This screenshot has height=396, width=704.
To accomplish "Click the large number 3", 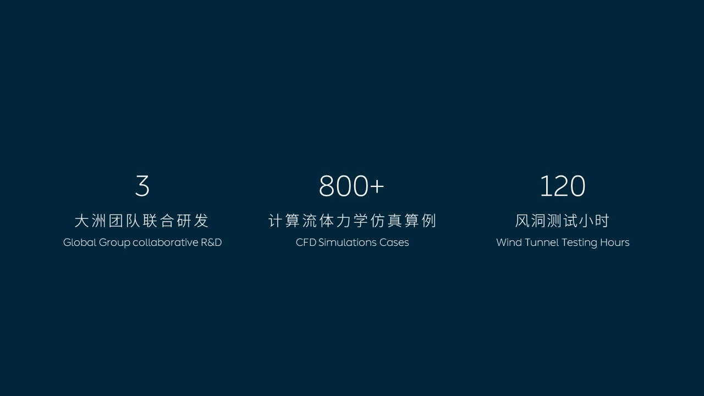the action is click(142, 186).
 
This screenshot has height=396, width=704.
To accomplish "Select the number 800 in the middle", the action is click(343, 186).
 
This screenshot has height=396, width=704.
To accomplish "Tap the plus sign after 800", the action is click(377, 186).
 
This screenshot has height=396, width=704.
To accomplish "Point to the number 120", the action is click(563, 186).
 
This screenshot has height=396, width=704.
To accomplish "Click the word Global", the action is click(80, 243).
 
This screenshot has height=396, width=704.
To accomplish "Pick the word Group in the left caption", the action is click(114, 243).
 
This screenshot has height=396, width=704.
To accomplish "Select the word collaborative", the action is click(166, 243).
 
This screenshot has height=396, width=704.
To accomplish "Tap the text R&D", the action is click(212, 243).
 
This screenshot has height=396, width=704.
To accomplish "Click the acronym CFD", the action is click(306, 243).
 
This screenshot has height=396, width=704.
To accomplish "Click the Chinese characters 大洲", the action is click(91, 221).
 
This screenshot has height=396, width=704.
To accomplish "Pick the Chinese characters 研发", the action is click(193, 221).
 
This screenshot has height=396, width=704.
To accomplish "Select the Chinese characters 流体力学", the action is click(335, 221).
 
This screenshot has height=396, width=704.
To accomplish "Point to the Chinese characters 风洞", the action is click(531, 221).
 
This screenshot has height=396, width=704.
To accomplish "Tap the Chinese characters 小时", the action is click(594, 221).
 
